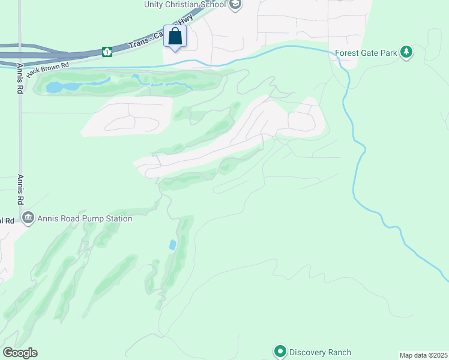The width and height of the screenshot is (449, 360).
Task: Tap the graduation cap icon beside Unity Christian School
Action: point(236,5)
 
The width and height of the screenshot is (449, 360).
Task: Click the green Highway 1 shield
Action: point(107,52)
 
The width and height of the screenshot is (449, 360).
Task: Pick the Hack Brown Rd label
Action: point(47,68)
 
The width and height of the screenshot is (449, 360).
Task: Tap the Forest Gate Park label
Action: point(366,53)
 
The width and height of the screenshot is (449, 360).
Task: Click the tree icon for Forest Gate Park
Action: point(407,52)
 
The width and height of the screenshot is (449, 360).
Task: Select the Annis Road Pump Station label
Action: point(85,218)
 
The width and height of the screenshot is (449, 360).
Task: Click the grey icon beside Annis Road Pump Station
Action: point(28,218)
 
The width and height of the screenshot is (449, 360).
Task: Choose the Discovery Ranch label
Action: point(320,352)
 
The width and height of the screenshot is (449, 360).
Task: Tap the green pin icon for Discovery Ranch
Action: point(279,352)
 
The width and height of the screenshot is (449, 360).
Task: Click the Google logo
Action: point(20,353)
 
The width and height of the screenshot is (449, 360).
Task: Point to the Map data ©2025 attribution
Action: point(423,355)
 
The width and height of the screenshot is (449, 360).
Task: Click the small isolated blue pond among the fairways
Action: point(173,245)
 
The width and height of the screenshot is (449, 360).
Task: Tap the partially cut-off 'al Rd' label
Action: point(7,221)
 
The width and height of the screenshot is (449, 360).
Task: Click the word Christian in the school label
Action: point(185,5)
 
